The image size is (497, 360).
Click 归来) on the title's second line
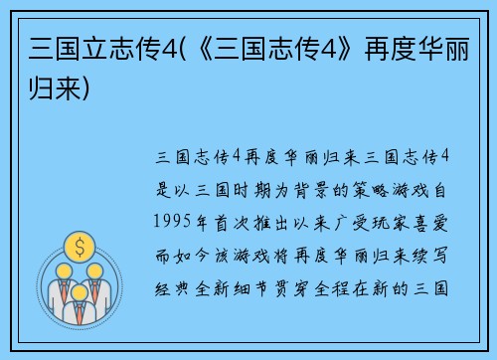tap(60, 90)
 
